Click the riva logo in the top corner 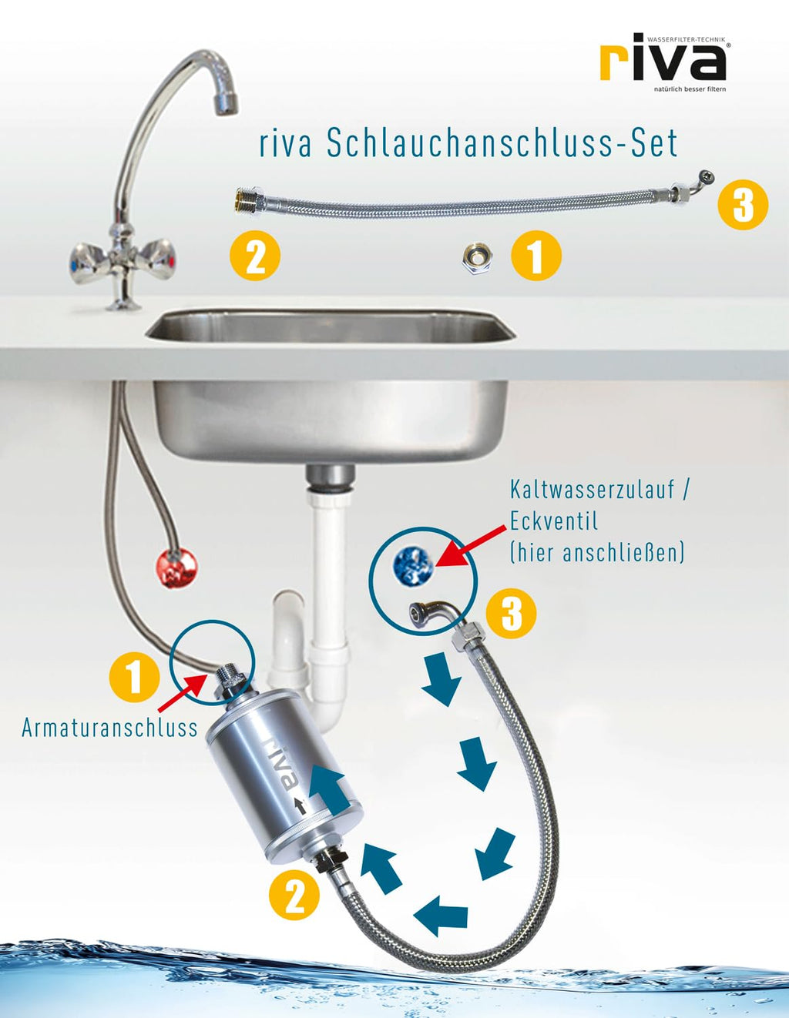pyautogui.click(x=663, y=61)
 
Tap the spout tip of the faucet pyautogui.click(x=226, y=104)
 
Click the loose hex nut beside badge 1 pyautogui.click(x=477, y=257)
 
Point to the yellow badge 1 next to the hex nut pyautogui.click(x=536, y=256)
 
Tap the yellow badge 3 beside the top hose pyautogui.click(x=743, y=205)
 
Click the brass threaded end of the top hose pyautogui.click(x=244, y=201)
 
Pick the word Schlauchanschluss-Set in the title pyautogui.click(x=502, y=144)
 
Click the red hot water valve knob pyautogui.click(x=176, y=568)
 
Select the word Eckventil pyautogui.click(x=554, y=521)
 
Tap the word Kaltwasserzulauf pyautogui.click(x=592, y=490)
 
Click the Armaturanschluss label pyautogui.click(x=109, y=728)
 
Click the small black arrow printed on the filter pyautogui.click(x=300, y=805)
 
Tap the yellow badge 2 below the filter pyautogui.click(x=294, y=896)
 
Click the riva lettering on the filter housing pyautogui.click(x=282, y=765)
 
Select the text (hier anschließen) pyautogui.click(x=597, y=552)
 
